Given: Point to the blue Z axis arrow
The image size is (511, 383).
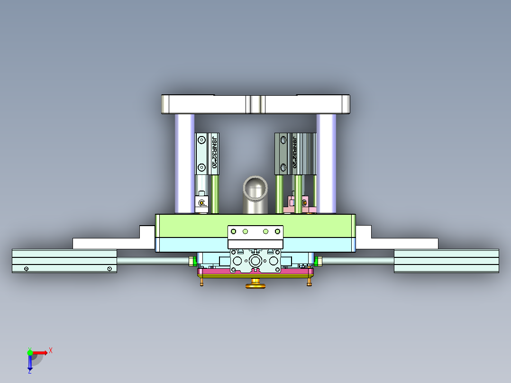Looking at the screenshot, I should coord(30,364).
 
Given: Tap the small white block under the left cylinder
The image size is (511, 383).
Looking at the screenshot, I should coord(202,204).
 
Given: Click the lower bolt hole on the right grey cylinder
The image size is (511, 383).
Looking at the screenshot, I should coord(284,166).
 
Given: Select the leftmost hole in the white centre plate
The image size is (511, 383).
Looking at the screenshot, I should coord(233,231).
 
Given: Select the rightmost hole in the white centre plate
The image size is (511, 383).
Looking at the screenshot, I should coord(277,231).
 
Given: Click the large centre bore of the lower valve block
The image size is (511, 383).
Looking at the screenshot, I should coord(255,261).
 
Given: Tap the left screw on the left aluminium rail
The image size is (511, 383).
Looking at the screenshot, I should coord(26,269).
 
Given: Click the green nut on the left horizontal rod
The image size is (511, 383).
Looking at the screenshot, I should coord(192,260).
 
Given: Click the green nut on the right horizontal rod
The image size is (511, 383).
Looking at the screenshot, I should coord(319,260).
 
